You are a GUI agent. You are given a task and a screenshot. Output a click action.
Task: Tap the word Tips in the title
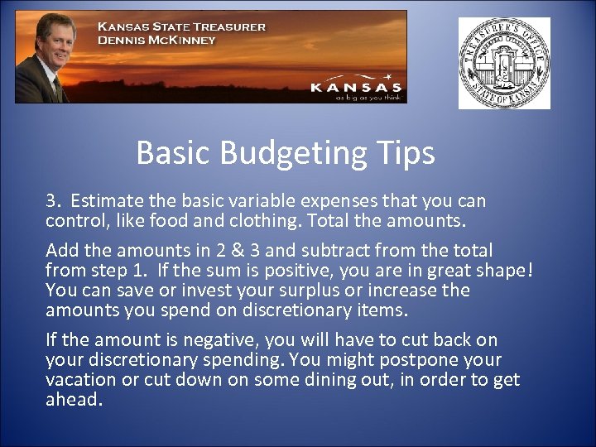pyautogui.click(x=404, y=152)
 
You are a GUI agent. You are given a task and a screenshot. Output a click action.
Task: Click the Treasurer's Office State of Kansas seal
pyautogui.click(x=504, y=64)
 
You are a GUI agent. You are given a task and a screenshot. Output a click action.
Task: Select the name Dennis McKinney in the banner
pyautogui.click(x=156, y=40)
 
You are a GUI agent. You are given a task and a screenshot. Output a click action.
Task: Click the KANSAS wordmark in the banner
pyautogui.click(x=356, y=86)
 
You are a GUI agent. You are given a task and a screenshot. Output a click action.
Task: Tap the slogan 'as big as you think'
pyautogui.click(x=368, y=97)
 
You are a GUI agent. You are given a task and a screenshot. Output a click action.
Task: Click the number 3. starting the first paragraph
pyautogui.click(x=54, y=200)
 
